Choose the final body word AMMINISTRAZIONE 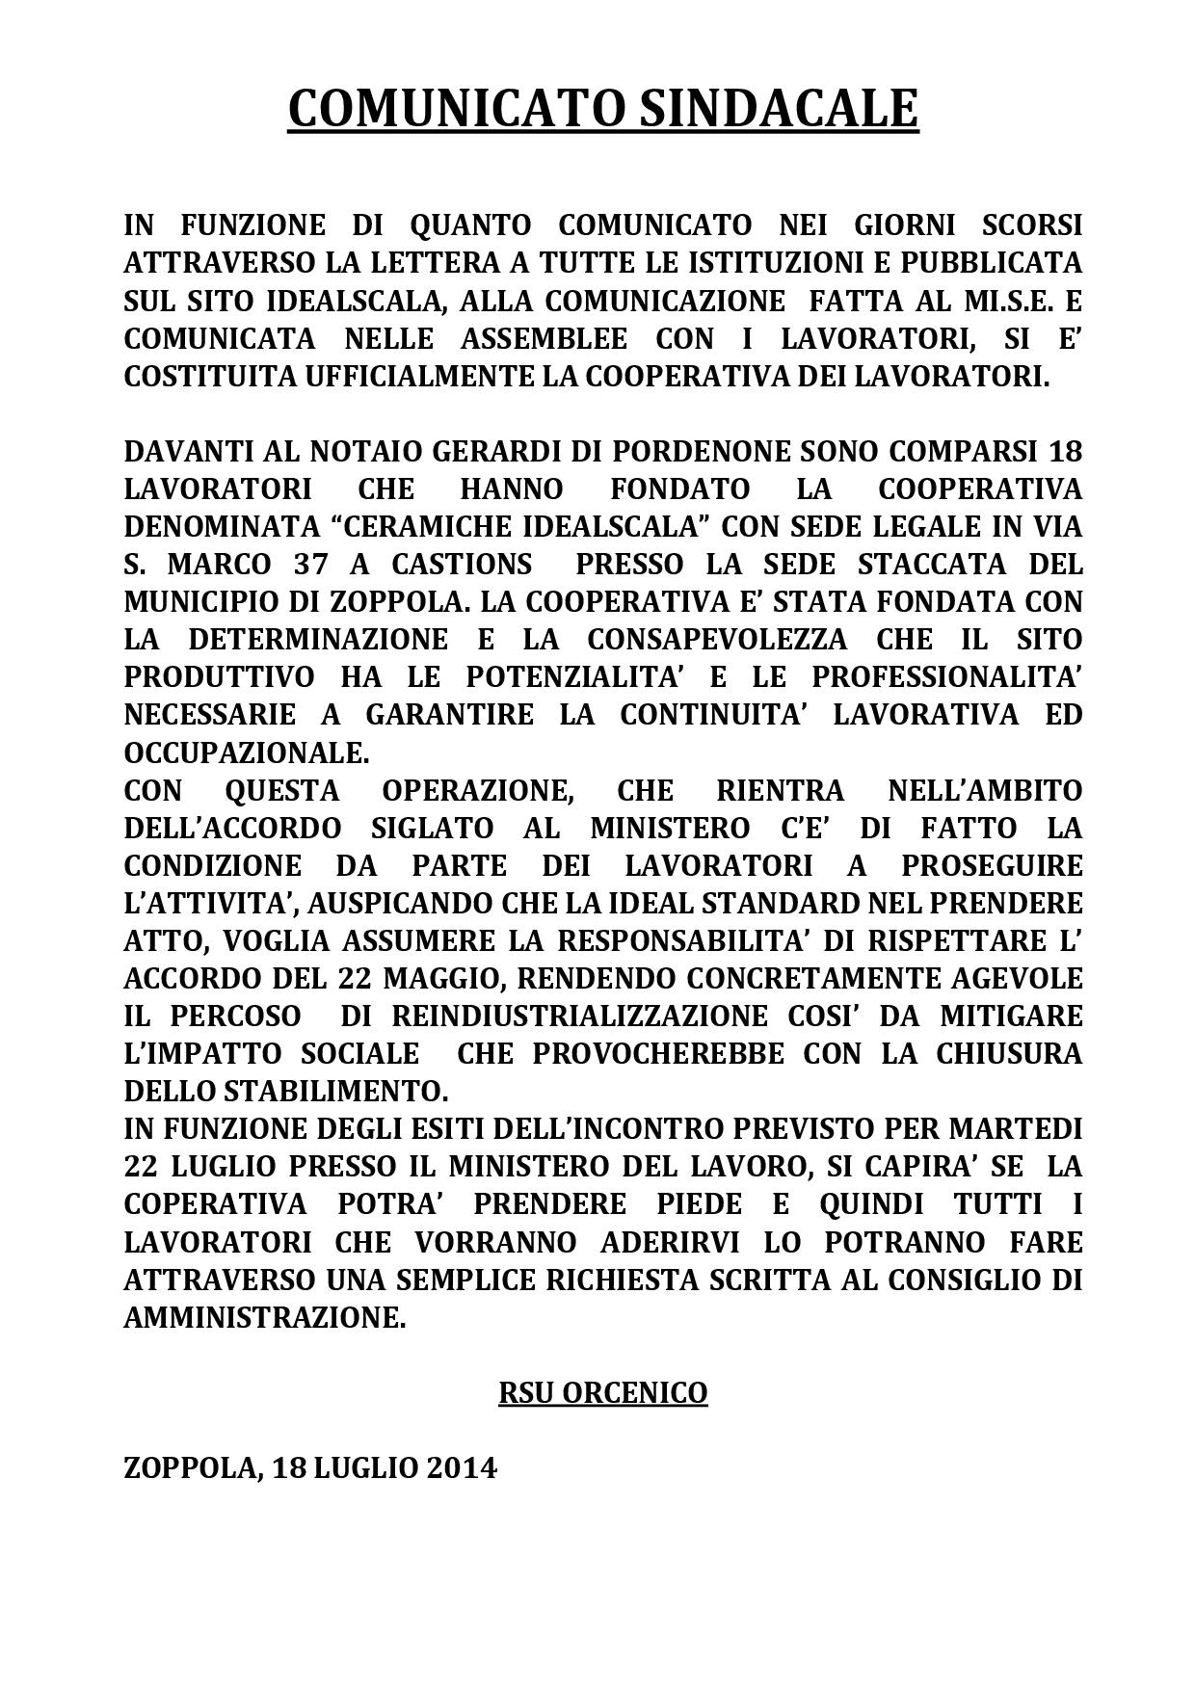[x=264, y=1317]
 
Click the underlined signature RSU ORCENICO [x=602, y=1393]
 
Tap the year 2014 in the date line [x=463, y=1468]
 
